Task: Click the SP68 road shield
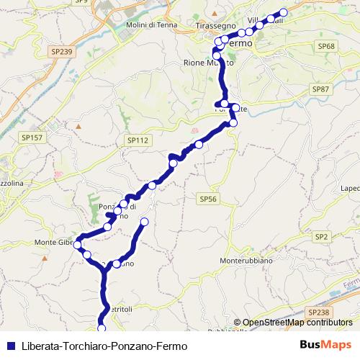pos(327,45)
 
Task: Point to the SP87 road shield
pos(320,88)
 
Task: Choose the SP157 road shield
pos(31,137)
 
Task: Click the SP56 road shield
pos(207,197)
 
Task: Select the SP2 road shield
pos(321,236)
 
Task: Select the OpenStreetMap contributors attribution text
pos(297,323)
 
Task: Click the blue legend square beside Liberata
pos(9,346)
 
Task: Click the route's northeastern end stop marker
pos(283,12)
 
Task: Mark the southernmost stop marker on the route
pos(102,328)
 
